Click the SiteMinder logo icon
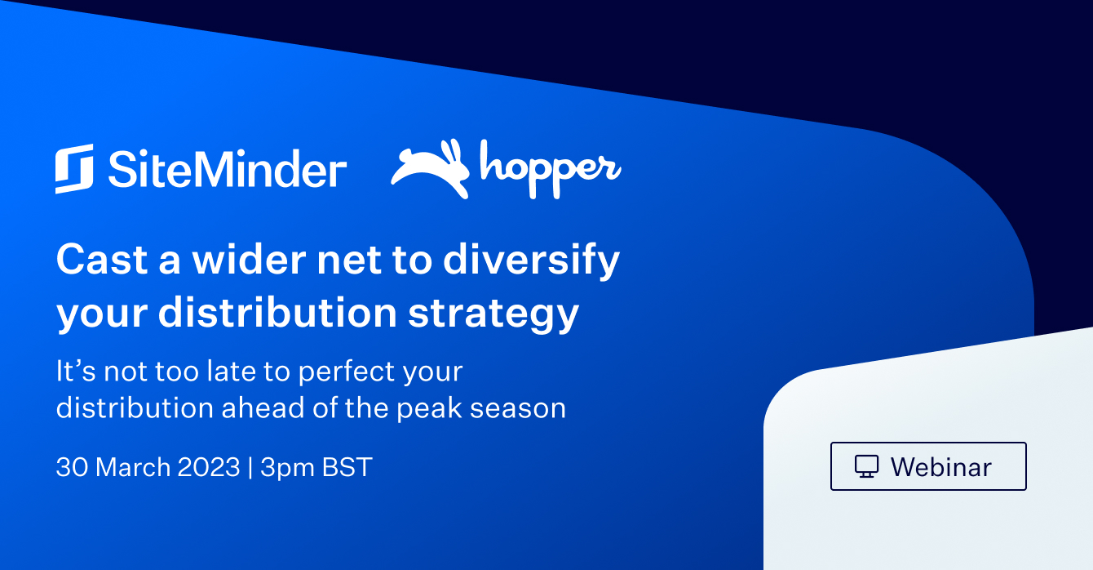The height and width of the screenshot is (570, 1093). [x=74, y=168]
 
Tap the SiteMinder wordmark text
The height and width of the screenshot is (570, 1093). [x=228, y=169]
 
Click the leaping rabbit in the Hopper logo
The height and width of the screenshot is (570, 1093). [x=430, y=169]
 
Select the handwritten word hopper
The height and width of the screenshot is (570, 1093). [x=551, y=169]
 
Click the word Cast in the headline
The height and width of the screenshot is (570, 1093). [x=102, y=259]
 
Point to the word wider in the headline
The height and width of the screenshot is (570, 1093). [x=250, y=259]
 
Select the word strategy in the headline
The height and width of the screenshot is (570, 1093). [x=493, y=314]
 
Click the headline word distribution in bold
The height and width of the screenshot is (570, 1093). [x=277, y=312]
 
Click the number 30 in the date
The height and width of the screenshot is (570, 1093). [x=72, y=467]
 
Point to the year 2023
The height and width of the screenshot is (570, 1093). [x=209, y=467]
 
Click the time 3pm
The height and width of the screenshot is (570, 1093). [x=287, y=469]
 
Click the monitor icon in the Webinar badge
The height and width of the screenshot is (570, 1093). [x=866, y=466]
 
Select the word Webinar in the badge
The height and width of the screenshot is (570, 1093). [x=941, y=467]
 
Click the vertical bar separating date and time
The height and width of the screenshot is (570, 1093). [x=250, y=467]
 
